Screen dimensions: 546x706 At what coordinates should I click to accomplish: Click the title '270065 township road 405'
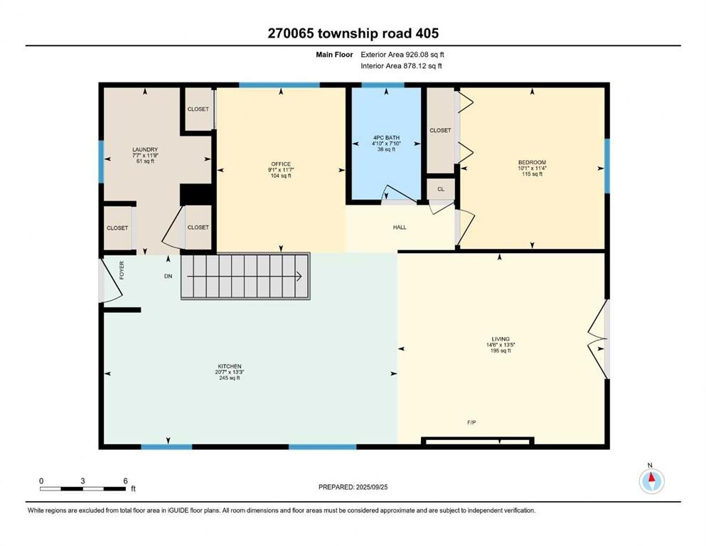[x=353, y=33]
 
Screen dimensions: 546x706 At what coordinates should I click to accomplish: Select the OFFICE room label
[x=280, y=165]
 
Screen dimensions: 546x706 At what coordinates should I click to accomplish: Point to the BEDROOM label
[x=531, y=163]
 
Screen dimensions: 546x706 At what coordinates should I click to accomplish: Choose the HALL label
[x=400, y=227]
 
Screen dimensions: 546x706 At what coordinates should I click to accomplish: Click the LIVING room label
[x=501, y=339]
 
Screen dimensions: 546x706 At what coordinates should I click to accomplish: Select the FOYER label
[x=122, y=269]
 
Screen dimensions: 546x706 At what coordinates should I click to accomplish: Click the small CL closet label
[x=440, y=190]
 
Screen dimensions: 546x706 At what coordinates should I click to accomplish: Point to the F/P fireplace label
[x=471, y=422]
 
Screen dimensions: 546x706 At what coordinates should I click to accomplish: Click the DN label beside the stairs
[x=168, y=276]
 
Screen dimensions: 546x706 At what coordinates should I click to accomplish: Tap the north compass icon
[x=651, y=481]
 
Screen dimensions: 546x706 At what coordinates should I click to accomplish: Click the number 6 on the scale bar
[x=125, y=481]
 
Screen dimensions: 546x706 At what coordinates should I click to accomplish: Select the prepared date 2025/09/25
[x=353, y=487]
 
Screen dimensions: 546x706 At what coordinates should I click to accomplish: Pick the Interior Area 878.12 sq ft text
[x=402, y=66]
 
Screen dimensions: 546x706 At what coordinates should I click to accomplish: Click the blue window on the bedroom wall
[x=606, y=166]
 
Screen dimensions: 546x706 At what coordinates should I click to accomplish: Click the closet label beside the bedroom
[x=440, y=131]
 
